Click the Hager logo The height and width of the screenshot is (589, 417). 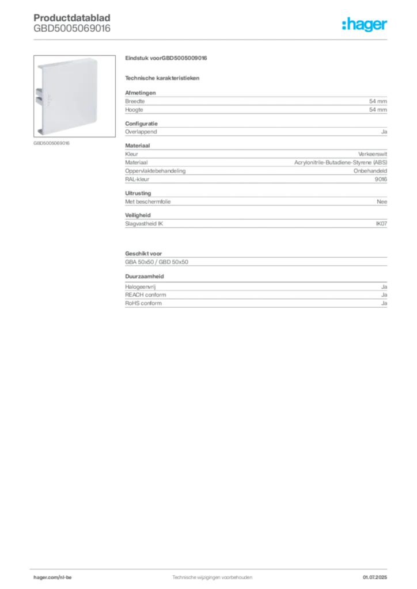pyautogui.click(x=365, y=24)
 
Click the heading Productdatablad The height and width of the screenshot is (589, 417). pyautogui.click(x=72, y=18)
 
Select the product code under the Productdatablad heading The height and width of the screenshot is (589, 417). pyautogui.click(x=72, y=29)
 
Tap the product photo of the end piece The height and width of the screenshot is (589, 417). pyautogui.click(x=74, y=96)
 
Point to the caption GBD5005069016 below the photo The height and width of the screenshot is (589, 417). pyautogui.click(x=51, y=143)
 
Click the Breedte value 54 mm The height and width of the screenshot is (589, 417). pyautogui.click(x=378, y=101)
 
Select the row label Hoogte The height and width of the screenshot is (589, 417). pyautogui.click(x=134, y=110)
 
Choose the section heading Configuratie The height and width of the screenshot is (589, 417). pyautogui.click(x=141, y=124)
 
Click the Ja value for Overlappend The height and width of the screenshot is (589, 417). pyautogui.click(x=384, y=132)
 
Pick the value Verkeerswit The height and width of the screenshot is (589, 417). pyautogui.click(x=373, y=154)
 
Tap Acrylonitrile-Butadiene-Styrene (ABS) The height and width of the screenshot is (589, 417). pyautogui.click(x=340, y=162)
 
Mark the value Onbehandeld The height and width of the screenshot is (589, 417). pyautogui.click(x=370, y=171)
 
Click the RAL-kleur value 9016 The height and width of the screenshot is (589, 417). pyautogui.click(x=381, y=179)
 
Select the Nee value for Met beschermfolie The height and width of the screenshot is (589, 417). pyautogui.click(x=382, y=202)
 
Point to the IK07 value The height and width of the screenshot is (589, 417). pyautogui.click(x=381, y=224)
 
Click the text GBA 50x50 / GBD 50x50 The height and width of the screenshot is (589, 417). pyautogui.click(x=157, y=262)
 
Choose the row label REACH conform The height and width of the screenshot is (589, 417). pyautogui.click(x=146, y=295)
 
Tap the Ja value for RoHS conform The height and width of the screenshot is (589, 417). pyautogui.click(x=384, y=303)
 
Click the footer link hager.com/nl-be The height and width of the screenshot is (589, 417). pyautogui.click(x=52, y=577)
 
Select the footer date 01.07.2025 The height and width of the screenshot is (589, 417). pyautogui.click(x=375, y=577)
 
